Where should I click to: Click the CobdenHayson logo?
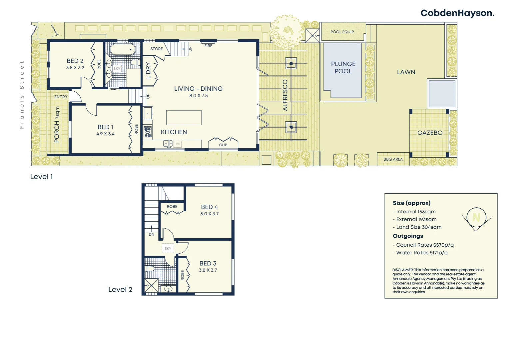[x=457, y=13]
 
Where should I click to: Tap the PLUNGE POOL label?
[x=343, y=67]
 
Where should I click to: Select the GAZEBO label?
[x=430, y=133]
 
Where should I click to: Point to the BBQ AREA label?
[x=393, y=159]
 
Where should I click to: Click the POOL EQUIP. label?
[x=342, y=32]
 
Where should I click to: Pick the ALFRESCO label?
[x=285, y=95]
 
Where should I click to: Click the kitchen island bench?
[x=184, y=118]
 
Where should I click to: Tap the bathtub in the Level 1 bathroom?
[x=123, y=49]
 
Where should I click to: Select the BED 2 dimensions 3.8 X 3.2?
[x=75, y=68]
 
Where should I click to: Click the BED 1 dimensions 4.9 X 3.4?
[x=105, y=134]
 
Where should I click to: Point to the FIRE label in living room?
[x=208, y=46]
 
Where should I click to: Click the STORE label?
[x=157, y=49]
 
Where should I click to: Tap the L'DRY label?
[x=149, y=70]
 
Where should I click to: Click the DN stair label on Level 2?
[x=152, y=234]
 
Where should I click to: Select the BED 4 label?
[x=209, y=207]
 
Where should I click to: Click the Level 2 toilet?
[x=150, y=268]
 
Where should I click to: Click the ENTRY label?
[x=61, y=97]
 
